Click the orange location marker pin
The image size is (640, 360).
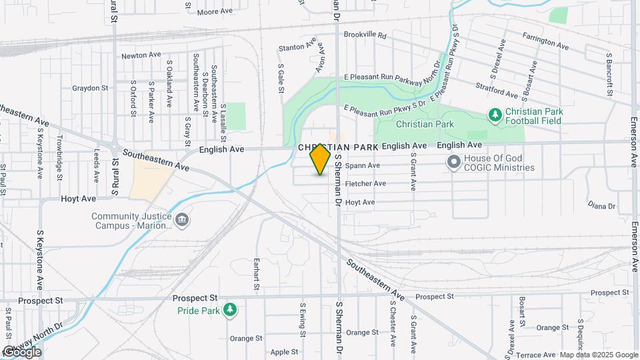[x=321, y=159]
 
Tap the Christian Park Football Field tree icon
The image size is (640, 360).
[x=495, y=116]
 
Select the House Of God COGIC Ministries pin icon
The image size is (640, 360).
[x=454, y=162]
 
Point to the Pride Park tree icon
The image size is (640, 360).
[x=230, y=310]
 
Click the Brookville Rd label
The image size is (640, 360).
[x=365, y=35]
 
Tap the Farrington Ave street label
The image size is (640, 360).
[x=545, y=41]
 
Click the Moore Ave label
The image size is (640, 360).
[x=215, y=11]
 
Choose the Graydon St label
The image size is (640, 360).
[x=89, y=87]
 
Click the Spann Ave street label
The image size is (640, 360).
[x=363, y=165]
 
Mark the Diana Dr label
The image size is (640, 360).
[x=602, y=206]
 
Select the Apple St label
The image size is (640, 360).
[x=284, y=352]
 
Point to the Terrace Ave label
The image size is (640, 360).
[x=536, y=355]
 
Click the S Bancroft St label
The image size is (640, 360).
[x=609, y=73]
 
